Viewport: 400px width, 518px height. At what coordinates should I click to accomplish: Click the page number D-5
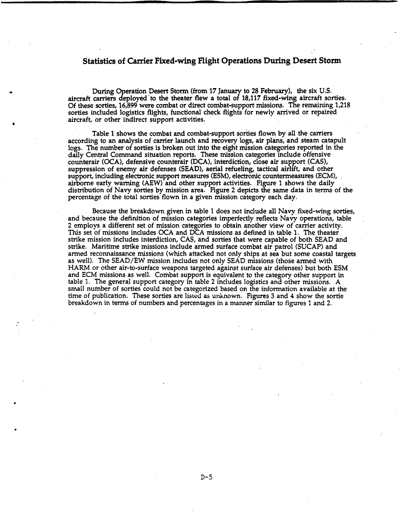[x=206, y=478]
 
